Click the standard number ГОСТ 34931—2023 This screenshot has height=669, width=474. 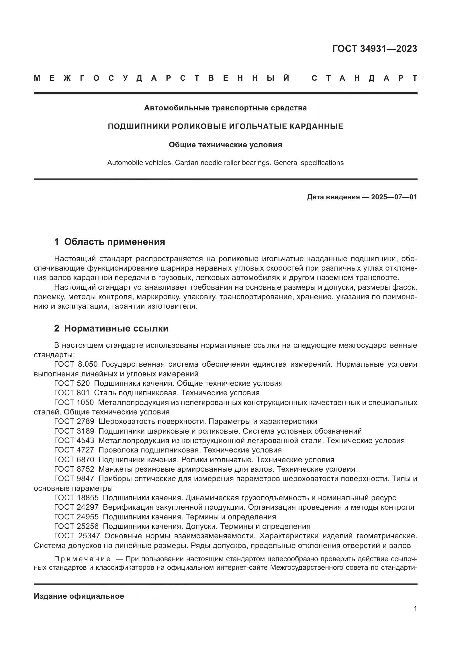[x=375, y=49]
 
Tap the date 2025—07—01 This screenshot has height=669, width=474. [x=394, y=197]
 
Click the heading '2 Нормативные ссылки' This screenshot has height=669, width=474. [x=111, y=329]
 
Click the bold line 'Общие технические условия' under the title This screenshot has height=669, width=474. [x=225, y=145]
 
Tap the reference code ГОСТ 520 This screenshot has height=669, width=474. [x=72, y=384]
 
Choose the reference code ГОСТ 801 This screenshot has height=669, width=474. [x=72, y=393]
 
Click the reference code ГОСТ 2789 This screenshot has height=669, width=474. [x=74, y=422]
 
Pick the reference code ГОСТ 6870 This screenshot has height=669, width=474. [x=74, y=460]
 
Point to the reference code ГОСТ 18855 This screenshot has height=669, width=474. [x=77, y=498]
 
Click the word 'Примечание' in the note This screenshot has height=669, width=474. [x=82, y=559]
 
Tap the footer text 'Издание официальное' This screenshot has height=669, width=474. [x=79, y=596]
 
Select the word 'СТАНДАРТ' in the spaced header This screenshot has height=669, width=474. [x=364, y=78]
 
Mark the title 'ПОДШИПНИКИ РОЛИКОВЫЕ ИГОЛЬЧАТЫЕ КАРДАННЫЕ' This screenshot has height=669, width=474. [x=225, y=126]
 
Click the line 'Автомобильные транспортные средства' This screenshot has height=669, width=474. [x=225, y=108]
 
